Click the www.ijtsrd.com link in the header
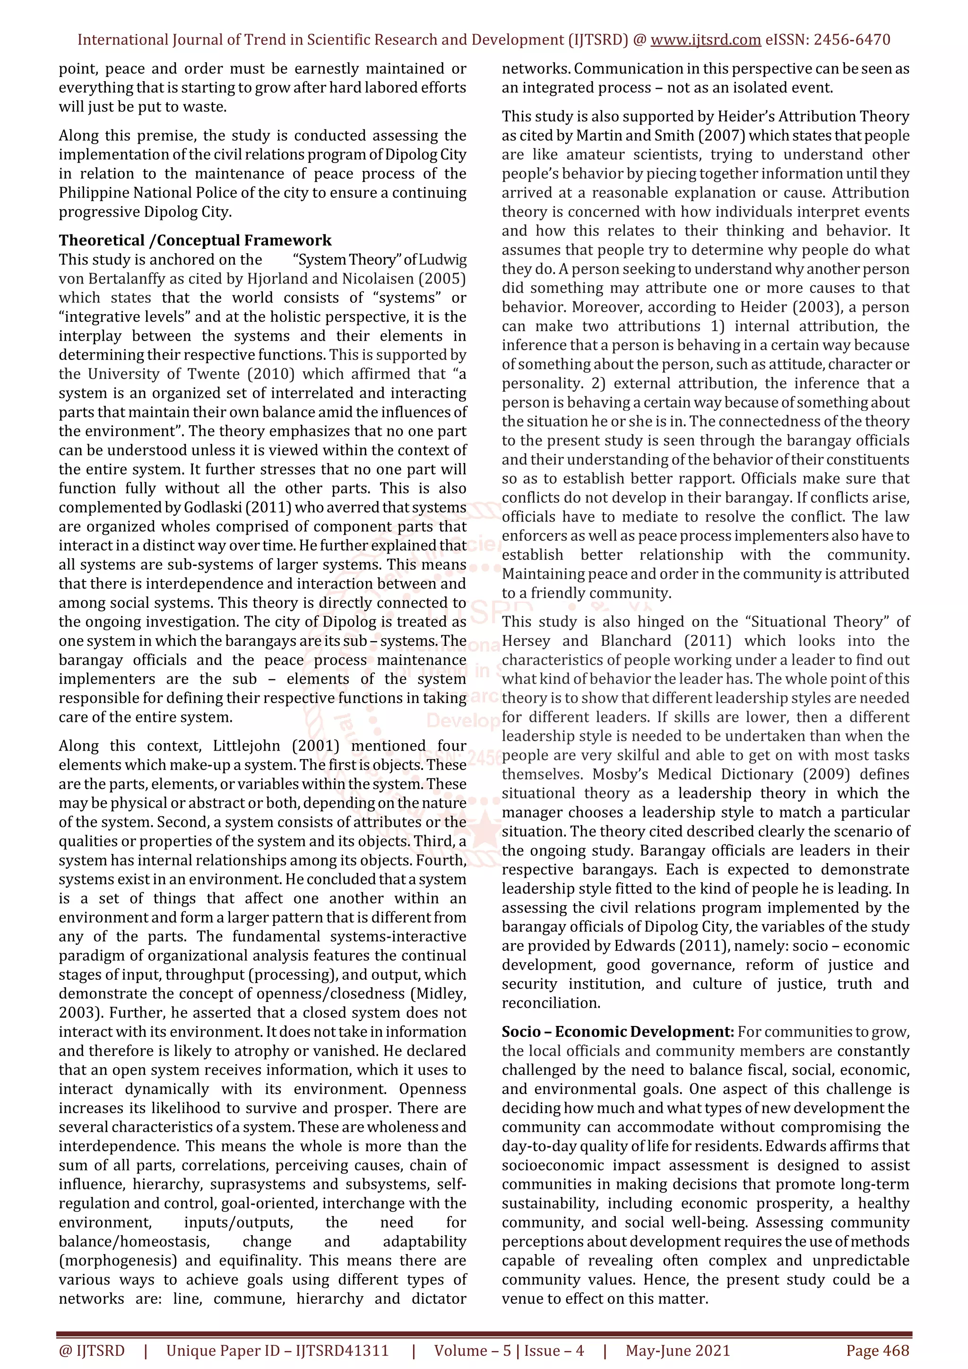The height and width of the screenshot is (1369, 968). tap(705, 40)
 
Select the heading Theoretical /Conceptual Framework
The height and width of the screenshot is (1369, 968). tap(195, 240)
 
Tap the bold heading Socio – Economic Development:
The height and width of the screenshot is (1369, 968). tap(617, 1032)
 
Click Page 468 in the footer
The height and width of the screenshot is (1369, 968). tap(877, 1351)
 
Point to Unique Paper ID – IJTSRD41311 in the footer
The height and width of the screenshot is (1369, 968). tap(277, 1351)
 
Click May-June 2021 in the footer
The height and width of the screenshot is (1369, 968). tap(677, 1351)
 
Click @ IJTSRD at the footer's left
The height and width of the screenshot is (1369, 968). tap(92, 1351)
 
